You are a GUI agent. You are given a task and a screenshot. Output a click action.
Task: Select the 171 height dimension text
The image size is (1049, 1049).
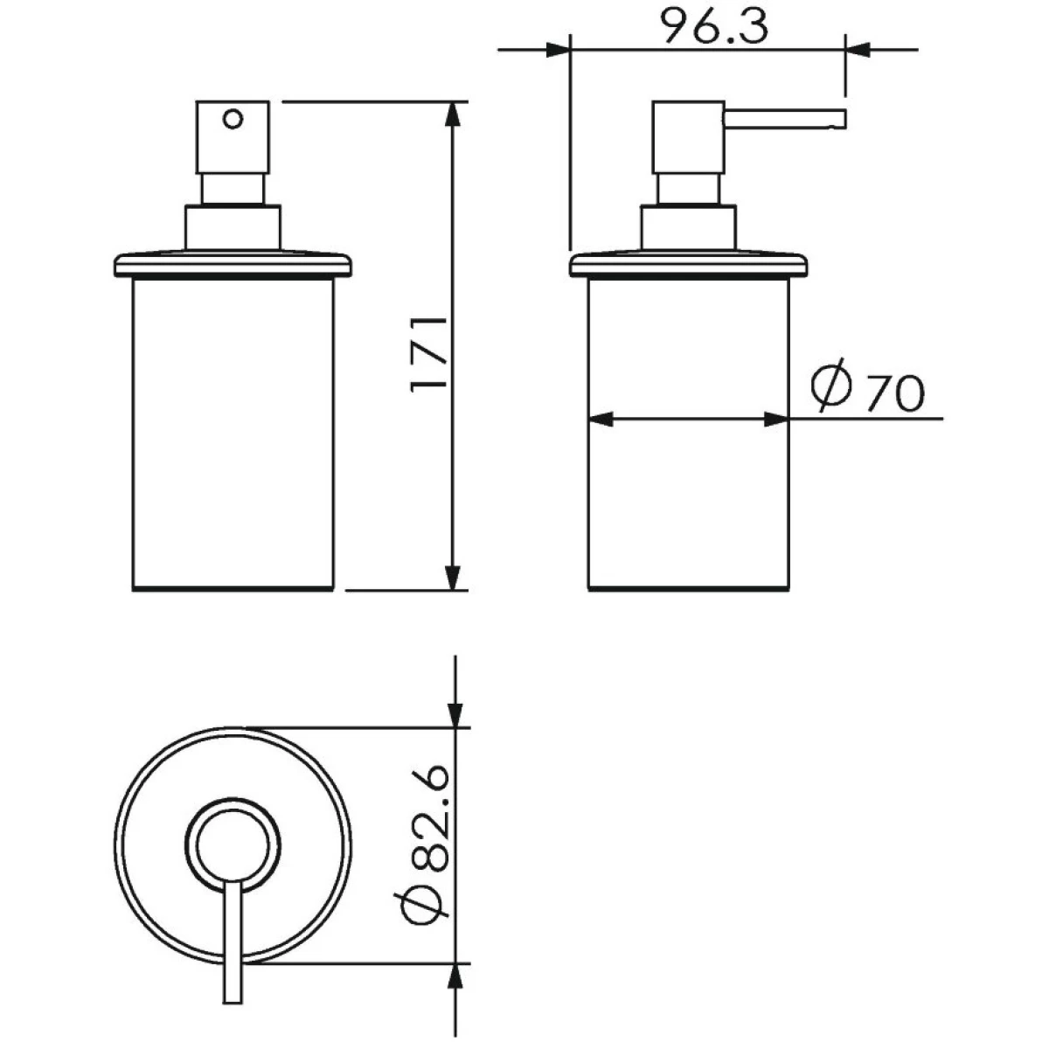pos(429,354)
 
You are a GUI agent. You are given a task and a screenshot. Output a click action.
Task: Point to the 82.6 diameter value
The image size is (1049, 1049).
pos(430,820)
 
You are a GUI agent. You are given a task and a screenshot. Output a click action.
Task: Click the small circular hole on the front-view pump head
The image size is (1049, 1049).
pos(233,119)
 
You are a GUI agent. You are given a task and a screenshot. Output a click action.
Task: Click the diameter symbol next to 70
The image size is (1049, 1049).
pos(830,385)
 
